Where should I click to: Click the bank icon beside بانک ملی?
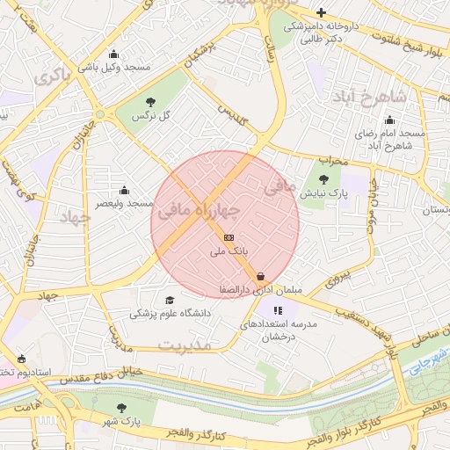click(x=229, y=237)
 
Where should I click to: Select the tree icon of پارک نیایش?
click(x=323, y=178)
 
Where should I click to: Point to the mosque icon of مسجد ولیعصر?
click(x=124, y=190)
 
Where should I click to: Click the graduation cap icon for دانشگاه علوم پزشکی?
click(x=170, y=300)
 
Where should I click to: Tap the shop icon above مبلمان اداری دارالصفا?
click(x=261, y=276)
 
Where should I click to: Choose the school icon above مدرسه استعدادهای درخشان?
click(x=278, y=310)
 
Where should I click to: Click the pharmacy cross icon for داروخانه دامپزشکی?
click(x=322, y=12)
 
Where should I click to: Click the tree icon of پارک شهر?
click(x=122, y=408)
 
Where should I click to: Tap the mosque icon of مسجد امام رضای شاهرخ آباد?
click(x=389, y=120)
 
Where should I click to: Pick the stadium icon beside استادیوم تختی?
click(x=21, y=359)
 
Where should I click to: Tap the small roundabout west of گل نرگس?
click(x=99, y=114)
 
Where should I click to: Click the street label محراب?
click(x=333, y=161)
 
